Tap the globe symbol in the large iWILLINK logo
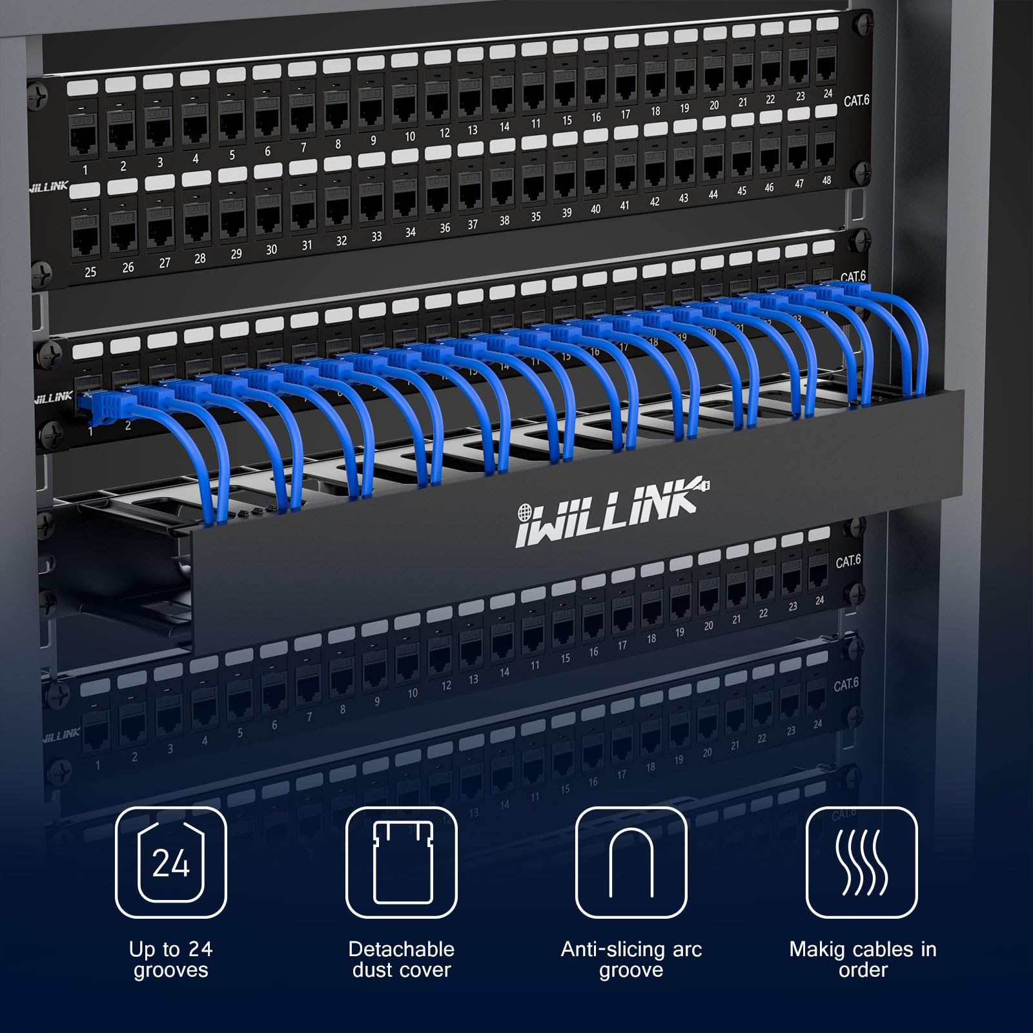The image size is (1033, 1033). point(524,513)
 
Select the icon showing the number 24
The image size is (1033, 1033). point(171,863)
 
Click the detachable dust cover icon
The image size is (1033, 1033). point(402,863)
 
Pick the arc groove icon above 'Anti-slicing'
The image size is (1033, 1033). point(631,863)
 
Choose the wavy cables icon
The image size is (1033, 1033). point(861,863)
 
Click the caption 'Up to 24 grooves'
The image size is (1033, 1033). point(171,959)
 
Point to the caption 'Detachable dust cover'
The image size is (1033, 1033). point(402,959)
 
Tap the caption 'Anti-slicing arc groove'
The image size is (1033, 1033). point(631,959)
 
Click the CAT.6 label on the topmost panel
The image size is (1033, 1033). point(857,101)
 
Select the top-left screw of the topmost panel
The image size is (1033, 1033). point(41,97)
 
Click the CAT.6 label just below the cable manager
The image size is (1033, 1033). point(848,561)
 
